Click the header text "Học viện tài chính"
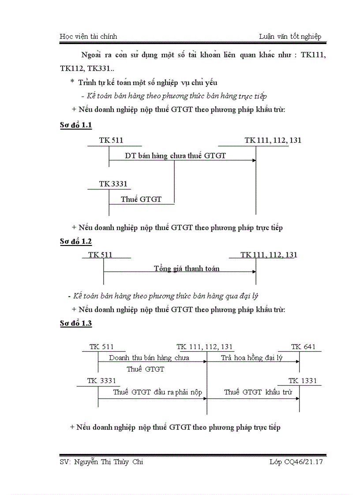tap(88, 37)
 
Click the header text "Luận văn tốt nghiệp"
tap(290, 37)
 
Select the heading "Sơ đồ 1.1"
tap(76, 126)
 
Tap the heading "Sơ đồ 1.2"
tap(76, 241)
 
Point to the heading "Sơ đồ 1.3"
tap(76, 324)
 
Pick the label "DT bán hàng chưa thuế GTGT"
tap(175, 156)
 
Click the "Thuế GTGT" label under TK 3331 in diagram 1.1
tap(141, 199)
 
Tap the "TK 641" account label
tap(304, 347)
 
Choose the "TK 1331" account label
tap(303, 381)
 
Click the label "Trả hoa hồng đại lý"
tap(251, 358)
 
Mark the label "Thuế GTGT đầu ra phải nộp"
tap(157, 392)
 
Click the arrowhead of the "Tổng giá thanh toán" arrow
tap(254, 272)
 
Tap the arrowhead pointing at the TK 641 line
tap(297, 361)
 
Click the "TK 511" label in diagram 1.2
tap(101, 255)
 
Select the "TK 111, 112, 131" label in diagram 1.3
tap(205, 347)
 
